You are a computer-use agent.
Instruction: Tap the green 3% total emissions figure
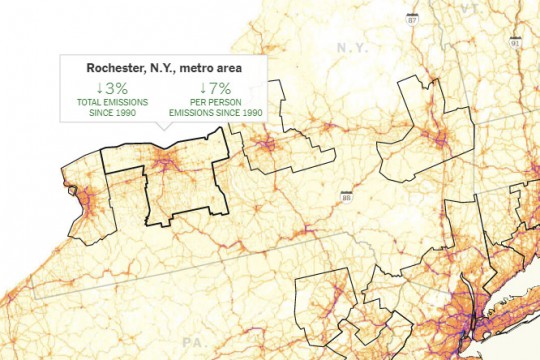coord(116,89)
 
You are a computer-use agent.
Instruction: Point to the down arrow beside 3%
coord(101,89)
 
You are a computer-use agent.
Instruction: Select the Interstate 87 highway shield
coord(412,18)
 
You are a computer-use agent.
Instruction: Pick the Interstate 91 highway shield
coord(514,44)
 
